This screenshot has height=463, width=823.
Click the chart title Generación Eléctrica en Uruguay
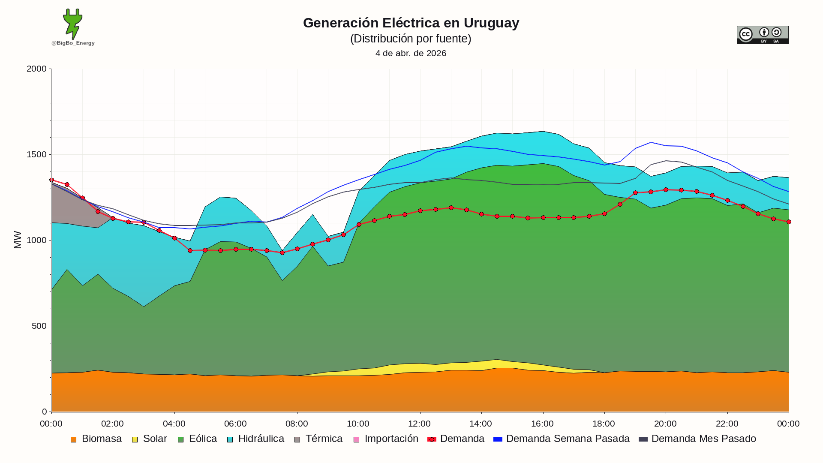click(x=411, y=23)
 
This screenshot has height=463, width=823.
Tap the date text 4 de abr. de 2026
click(x=411, y=53)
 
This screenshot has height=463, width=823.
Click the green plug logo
click(x=73, y=24)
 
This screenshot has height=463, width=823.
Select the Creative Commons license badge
click(x=763, y=35)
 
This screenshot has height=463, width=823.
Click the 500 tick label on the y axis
click(x=39, y=326)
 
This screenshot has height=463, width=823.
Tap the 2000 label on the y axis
click(x=36, y=69)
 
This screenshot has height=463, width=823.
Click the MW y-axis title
click(x=18, y=240)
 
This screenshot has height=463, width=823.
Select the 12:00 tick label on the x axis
click(x=419, y=424)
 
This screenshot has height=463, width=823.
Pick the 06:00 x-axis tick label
click(x=235, y=424)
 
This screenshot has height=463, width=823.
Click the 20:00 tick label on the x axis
click(x=665, y=424)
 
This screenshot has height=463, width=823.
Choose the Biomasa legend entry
click(x=96, y=439)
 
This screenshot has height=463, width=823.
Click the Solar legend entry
click(x=150, y=439)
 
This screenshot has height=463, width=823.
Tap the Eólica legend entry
click(x=198, y=439)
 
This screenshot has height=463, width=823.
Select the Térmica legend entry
click(x=318, y=439)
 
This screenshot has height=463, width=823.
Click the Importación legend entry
click(x=386, y=439)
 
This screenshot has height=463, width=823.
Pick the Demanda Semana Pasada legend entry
click(x=562, y=439)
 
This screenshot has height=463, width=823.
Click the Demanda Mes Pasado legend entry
click(x=697, y=439)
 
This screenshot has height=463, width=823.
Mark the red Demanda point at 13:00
click(x=451, y=208)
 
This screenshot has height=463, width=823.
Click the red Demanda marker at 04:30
click(x=190, y=251)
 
